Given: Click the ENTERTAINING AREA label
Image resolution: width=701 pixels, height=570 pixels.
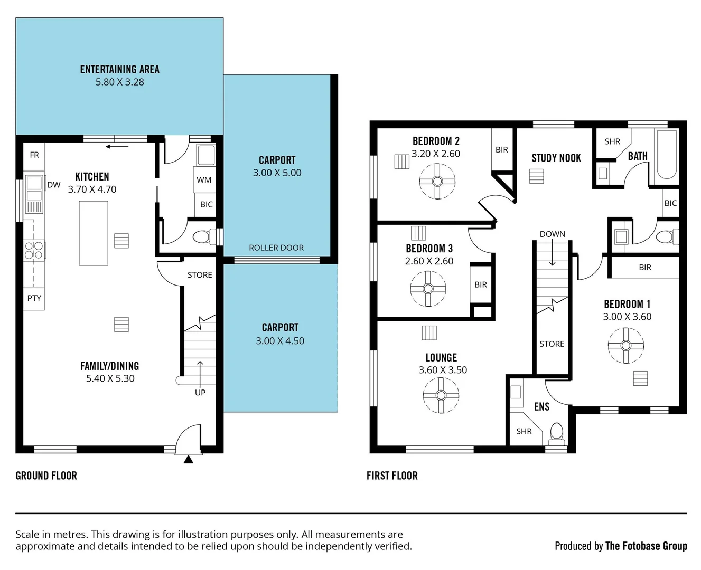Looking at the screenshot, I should (x=119, y=69).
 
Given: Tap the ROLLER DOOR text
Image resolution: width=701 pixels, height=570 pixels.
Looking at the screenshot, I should (x=276, y=248).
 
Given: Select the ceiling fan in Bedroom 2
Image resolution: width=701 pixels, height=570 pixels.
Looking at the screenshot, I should (x=437, y=182).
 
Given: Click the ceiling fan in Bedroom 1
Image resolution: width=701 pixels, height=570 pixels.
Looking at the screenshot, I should (x=626, y=346).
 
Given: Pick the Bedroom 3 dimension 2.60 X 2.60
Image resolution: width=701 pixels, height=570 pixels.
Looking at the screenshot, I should (x=429, y=261).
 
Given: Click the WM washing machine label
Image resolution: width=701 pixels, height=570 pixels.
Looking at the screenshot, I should (x=204, y=180).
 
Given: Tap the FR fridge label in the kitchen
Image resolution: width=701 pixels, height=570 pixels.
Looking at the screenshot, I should (x=34, y=155).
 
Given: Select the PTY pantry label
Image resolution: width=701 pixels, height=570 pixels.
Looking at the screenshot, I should (x=34, y=298).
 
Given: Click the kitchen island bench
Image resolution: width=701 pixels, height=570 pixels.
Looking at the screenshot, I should (x=94, y=233).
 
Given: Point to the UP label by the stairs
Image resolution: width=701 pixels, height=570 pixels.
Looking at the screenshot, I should (x=200, y=392).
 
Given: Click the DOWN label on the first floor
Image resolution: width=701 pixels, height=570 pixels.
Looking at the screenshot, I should (x=552, y=234).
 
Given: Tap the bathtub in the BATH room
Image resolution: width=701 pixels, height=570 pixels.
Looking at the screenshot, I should (x=666, y=154).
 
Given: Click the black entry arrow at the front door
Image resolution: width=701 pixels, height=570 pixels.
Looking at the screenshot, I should (x=188, y=460).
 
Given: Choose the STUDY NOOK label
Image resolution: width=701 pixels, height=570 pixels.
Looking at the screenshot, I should (x=556, y=158).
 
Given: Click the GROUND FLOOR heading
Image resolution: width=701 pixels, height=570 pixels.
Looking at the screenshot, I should (x=46, y=476).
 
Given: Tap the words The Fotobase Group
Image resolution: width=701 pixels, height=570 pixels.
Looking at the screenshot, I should (x=646, y=546).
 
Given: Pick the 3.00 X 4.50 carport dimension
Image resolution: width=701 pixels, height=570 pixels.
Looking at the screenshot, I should (x=280, y=341).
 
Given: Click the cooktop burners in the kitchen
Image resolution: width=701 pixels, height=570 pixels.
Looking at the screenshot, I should (x=33, y=250).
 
